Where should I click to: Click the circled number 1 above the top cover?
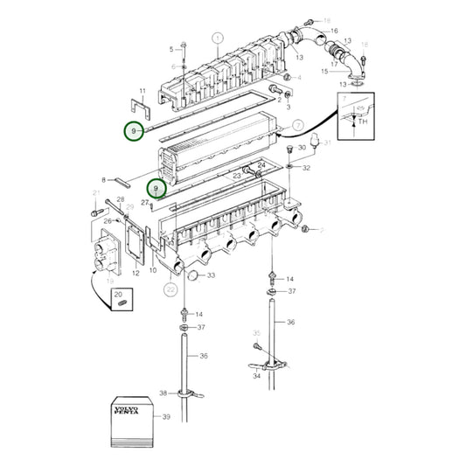pyautogui.click(x=218, y=38)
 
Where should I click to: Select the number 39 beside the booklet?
pyautogui.click(x=165, y=418)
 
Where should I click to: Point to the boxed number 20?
pyautogui.click(x=119, y=296)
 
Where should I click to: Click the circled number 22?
pyautogui.click(x=170, y=289)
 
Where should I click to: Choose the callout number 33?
pyautogui.click(x=210, y=276)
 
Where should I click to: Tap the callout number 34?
pyautogui.click(x=256, y=377)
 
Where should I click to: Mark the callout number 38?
pyautogui.click(x=163, y=393)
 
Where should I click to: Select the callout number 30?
pyautogui.click(x=302, y=149)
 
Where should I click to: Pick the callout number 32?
pyautogui.click(x=305, y=167)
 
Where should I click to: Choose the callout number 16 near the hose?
pyautogui.click(x=333, y=31)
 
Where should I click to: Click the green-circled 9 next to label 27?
pyautogui.click(x=156, y=188)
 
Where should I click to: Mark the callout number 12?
pyautogui.click(x=136, y=274)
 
